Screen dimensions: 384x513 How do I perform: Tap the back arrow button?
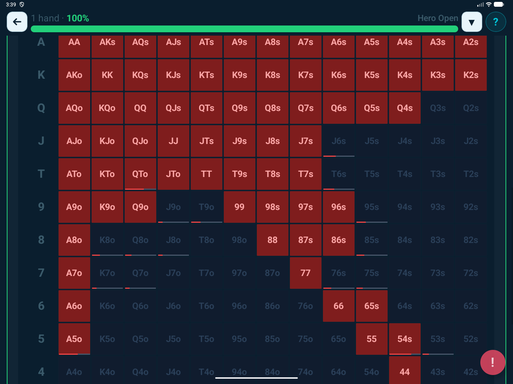[17, 22]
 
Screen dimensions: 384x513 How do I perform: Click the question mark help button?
[495, 22]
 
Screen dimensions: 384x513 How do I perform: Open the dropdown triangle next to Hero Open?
[472, 22]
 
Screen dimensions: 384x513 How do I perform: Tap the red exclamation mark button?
[492, 362]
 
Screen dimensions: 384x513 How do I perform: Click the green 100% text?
[78, 18]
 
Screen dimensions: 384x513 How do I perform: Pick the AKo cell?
[74, 75]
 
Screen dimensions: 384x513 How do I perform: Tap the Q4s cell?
[404, 108]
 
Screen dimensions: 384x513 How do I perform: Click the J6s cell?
[338, 141]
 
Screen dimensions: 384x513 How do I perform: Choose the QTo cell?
[140, 174]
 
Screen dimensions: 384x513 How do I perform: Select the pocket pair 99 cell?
[239, 207]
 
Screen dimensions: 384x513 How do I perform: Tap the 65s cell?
[371, 306]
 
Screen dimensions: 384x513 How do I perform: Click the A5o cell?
[74, 339]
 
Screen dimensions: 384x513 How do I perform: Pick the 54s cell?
[404, 339]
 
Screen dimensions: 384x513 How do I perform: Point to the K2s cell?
[471, 75]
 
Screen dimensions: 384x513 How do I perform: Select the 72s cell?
[471, 273]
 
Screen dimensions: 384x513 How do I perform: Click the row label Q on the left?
[41, 108]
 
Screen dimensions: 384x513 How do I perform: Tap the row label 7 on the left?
[41, 273]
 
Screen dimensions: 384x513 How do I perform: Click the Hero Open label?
[438, 18]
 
